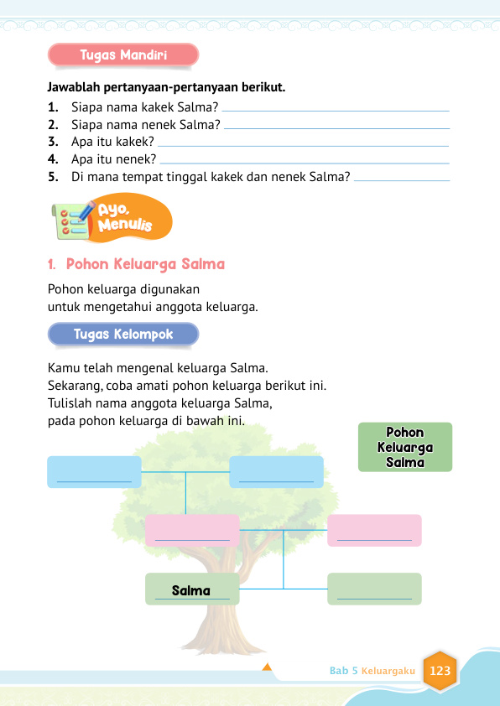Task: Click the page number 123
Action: click(440, 671)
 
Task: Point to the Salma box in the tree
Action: click(192, 589)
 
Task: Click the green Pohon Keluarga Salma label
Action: click(405, 447)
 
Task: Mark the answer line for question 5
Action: click(403, 179)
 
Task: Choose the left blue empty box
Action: click(94, 472)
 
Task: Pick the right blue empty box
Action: click(276, 472)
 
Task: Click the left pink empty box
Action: click(192, 531)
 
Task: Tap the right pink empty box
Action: click(374, 531)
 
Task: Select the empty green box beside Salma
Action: click(374, 589)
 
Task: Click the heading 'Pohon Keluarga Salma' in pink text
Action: click(145, 264)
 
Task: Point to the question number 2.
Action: click(53, 124)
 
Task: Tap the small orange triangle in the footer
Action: click(268, 667)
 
